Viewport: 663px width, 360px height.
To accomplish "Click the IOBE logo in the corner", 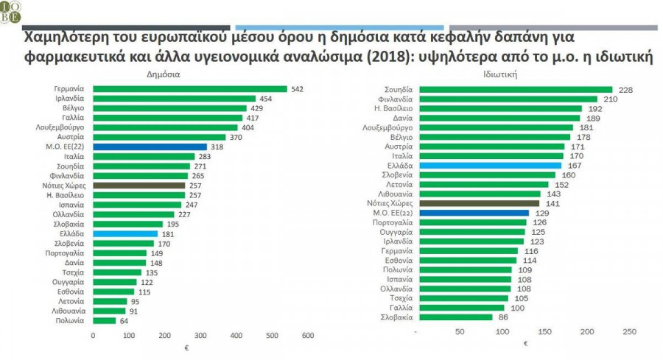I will click(11, 10).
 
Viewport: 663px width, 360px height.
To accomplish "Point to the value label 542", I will click(298, 89).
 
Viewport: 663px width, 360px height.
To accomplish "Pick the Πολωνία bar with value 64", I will click(105, 321).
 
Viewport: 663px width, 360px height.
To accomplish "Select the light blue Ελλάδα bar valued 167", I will click(488, 166).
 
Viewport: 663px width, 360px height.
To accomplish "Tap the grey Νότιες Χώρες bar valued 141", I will click(477, 203).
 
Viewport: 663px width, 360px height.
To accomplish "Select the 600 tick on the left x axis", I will click(308, 336).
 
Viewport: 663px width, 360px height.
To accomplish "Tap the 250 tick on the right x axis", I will click(630, 333).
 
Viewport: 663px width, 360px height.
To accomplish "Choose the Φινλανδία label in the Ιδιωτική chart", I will click(396, 99).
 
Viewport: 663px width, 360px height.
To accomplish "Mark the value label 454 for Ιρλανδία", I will click(267, 99).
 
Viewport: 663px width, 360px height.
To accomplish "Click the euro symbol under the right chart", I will click(525, 343).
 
